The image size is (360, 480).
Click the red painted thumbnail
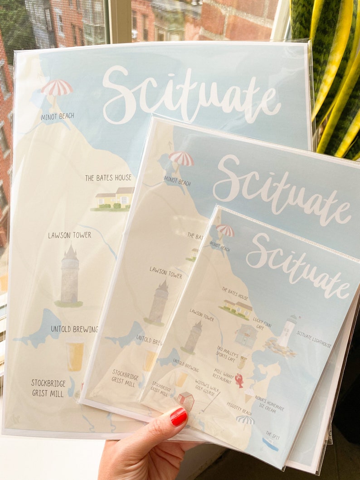(x=178, y=416)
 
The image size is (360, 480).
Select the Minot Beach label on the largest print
(x=57, y=116)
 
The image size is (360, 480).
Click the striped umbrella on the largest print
(x=57, y=88)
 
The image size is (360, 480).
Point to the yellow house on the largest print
(x=114, y=198)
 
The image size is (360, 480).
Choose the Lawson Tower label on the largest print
(x=69, y=235)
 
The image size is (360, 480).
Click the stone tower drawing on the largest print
(x=69, y=276)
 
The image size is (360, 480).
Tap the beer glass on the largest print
(x=75, y=356)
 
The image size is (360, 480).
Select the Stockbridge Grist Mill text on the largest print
(x=48, y=388)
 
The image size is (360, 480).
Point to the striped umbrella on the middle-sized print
(x=181, y=159)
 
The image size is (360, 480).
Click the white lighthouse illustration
(x=287, y=330)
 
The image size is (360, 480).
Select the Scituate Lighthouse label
(x=314, y=339)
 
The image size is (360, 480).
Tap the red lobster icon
(x=239, y=380)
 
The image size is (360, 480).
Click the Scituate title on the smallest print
(x=297, y=266)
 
